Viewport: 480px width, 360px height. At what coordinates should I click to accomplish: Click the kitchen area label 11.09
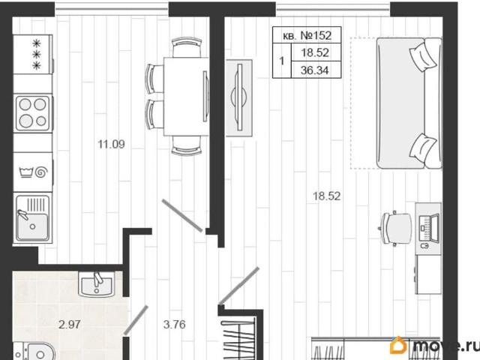point(111,144)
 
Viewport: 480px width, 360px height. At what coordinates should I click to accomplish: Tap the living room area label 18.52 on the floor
point(327,196)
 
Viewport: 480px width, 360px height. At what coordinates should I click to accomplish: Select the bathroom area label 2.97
point(70,325)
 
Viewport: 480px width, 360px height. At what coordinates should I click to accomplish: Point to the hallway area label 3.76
point(175,325)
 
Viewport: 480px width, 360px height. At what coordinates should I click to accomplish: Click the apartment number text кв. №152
point(307,35)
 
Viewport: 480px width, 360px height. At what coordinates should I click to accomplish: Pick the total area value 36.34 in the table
point(315,70)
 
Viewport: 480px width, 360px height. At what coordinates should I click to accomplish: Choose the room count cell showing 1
point(282,61)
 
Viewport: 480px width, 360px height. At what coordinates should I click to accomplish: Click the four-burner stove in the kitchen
point(33,113)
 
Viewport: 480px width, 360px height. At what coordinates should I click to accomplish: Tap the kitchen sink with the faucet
point(33,218)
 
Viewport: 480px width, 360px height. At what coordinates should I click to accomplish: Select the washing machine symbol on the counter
point(33,172)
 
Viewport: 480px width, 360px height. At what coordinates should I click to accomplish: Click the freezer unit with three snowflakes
point(33,54)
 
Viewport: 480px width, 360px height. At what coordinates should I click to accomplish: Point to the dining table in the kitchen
point(187,97)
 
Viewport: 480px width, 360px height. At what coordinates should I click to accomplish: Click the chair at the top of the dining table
point(187,47)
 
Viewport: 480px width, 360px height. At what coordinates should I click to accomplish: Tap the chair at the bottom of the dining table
point(187,145)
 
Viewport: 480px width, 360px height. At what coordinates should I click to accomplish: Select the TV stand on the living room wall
point(239,97)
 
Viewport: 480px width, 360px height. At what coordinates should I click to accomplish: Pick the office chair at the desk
point(396,228)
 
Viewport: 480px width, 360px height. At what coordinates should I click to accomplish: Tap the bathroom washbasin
point(97,284)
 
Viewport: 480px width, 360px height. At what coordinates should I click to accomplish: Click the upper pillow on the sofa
point(422,56)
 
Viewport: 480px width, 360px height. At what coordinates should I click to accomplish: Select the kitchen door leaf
point(181,215)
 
